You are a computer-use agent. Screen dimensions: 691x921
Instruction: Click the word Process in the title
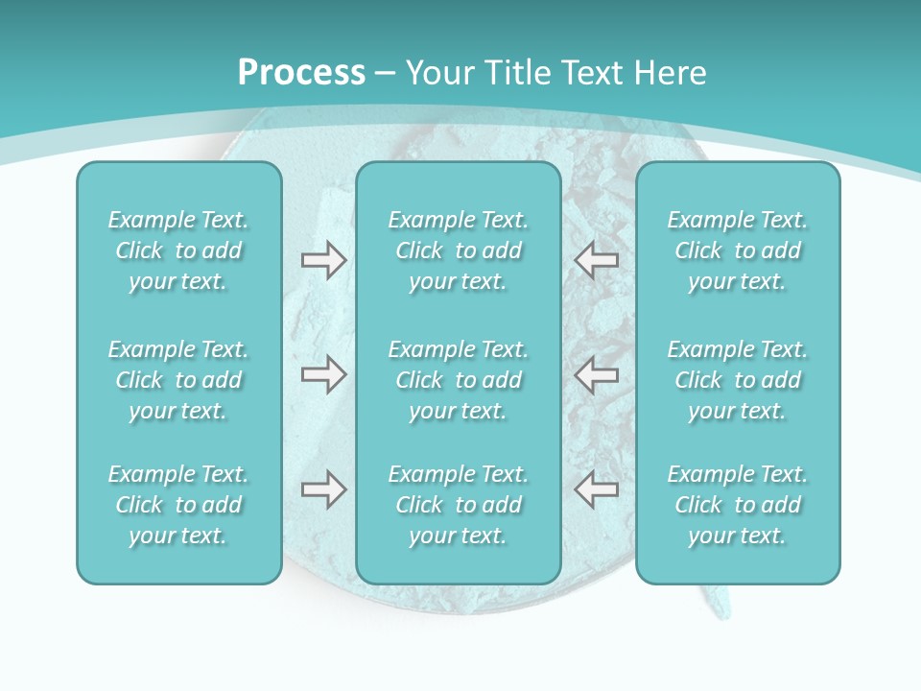pos(301,73)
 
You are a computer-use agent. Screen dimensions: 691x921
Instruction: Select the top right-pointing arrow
pos(323,260)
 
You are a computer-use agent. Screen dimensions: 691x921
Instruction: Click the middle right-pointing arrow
pos(323,374)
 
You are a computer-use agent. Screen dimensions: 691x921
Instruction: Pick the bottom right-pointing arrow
pos(323,489)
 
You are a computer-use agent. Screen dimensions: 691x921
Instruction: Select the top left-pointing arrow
pos(597,260)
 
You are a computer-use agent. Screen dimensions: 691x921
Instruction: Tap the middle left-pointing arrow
pos(597,374)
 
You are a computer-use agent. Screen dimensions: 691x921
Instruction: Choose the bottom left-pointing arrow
pos(597,489)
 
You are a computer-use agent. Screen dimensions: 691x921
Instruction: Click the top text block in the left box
pos(178,250)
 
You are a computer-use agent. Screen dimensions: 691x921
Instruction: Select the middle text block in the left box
pos(178,380)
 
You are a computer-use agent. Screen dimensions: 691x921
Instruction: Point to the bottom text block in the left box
pos(178,505)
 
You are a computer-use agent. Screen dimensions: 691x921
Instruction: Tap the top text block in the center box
pos(459,250)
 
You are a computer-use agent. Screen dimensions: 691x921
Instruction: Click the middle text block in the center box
pos(459,380)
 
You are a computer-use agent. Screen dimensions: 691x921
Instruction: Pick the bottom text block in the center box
pos(459,505)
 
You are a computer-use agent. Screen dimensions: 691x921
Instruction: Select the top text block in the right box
pos(738,250)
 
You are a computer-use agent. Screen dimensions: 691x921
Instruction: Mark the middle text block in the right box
pos(738,380)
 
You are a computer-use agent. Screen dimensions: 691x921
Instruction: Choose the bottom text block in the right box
pos(738,505)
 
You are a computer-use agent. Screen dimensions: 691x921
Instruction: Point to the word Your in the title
pos(437,73)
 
